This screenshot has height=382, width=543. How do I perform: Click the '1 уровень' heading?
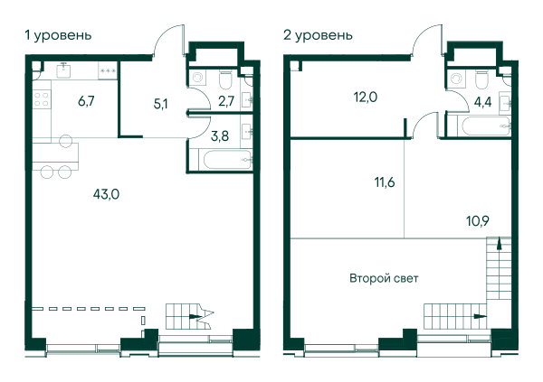pyautogui.click(x=58, y=35)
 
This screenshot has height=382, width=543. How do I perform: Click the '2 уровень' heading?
pyautogui.click(x=318, y=35)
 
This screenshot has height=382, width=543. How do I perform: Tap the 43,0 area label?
pyautogui.click(x=106, y=194)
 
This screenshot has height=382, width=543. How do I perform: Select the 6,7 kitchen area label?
pyautogui.click(x=86, y=101)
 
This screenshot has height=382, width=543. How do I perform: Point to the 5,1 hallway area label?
pyautogui.click(x=161, y=104)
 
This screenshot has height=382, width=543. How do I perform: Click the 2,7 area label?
pyautogui.click(x=226, y=101)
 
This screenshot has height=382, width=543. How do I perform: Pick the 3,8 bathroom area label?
pyautogui.click(x=220, y=136)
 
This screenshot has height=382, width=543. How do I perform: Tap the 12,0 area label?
pyautogui.click(x=366, y=98)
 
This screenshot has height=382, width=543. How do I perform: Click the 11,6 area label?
pyautogui.click(x=385, y=182)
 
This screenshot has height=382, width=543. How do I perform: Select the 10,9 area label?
pyautogui.click(x=478, y=220)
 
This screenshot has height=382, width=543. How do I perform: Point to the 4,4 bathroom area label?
pyautogui.click(x=482, y=102)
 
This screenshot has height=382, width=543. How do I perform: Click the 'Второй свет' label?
pyautogui.click(x=384, y=278)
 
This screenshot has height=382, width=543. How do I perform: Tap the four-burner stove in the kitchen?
pyautogui.click(x=42, y=98)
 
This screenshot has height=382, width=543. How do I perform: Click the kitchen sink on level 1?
pyautogui.click(x=64, y=70)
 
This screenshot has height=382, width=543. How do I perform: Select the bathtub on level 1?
pyautogui.click(x=227, y=159)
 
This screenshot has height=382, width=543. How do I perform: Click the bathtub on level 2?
pyautogui.click(x=486, y=126)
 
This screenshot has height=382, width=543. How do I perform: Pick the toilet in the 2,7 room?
pyautogui.click(x=225, y=79)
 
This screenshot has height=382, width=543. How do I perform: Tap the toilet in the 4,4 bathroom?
pyautogui.click(x=481, y=79)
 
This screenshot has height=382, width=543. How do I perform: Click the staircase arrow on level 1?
pyautogui.click(x=195, y=316)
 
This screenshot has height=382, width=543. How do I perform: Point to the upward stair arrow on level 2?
pyautogui.click(x=499, y=243)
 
